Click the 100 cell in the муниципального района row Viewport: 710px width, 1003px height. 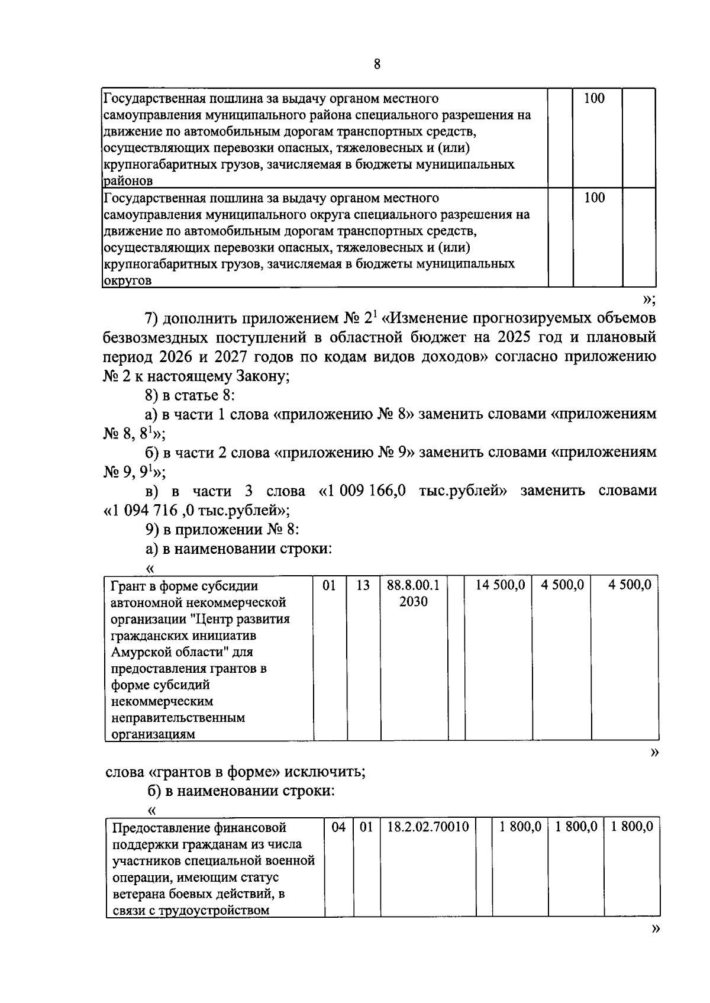[594, 98]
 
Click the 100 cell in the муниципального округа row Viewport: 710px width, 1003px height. [594, 198]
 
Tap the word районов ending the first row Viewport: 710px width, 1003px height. [128, 181]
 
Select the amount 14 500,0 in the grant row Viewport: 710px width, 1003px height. [501, 585]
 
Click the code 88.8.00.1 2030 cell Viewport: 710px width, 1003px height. [413, 593]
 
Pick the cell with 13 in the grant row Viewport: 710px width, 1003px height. [363, 585]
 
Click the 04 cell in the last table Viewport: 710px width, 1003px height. [338, 827]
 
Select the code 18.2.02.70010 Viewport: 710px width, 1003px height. [428, 827]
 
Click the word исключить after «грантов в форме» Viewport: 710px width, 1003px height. [329, 772]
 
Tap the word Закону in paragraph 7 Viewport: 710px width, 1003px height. [261, 376]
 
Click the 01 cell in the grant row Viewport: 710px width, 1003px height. [330, 585]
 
